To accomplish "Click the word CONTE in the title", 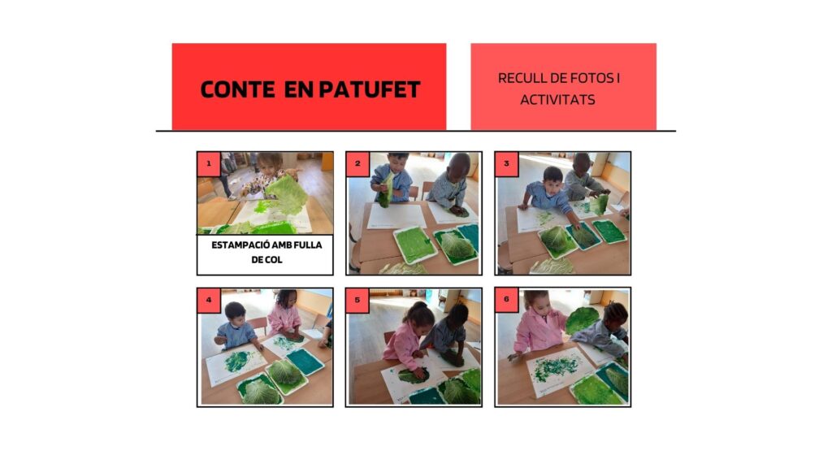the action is pyautogui.click(x=237, y=89).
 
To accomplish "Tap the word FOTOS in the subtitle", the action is pyautogui.click(x=591, y=78).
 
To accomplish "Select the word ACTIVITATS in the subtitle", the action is pyautogui.click(x=557, y=100).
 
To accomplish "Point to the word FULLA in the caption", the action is pyautogui.click(x=307, y=245).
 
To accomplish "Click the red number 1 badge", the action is pyautogui.click(x=209, y=164).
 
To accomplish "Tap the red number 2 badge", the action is pyautogui.click(x=357, y=164).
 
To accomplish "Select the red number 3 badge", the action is pyautogui.click(x=506, y=164).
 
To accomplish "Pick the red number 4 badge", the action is pyautogui.click(x=209, y=301).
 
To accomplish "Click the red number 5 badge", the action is pyautogui.click(x=357, y=301).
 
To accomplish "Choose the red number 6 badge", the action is pyautogui.click(x=506, y=301).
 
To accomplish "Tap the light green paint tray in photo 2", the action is pyautogui.click(x=414, y=244).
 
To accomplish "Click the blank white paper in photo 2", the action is pyautogui.click(x=396, y=216).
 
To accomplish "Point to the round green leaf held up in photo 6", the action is pyautogui.click(x=582, y=320).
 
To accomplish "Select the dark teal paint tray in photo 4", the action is pyautogui.click(x=305, y=362).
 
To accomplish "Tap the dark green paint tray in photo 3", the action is pyautogui.click(x=609, y=232).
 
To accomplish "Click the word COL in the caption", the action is pyautogui.click(x=274, y=260).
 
